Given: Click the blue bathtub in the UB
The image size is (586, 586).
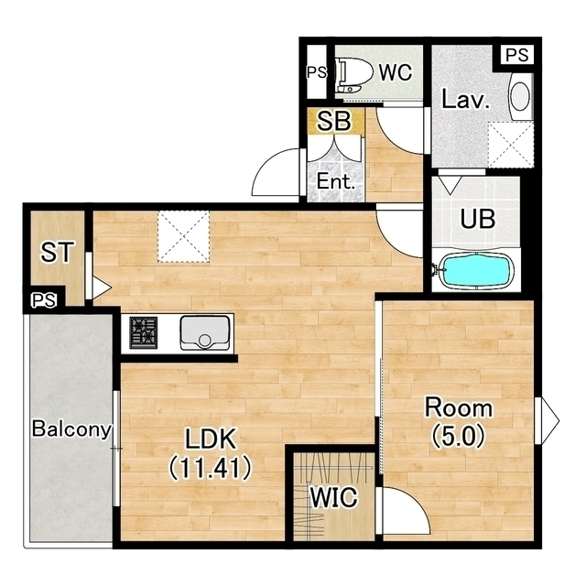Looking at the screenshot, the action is point(475,270).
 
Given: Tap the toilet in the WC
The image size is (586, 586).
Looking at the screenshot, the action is point(354,74).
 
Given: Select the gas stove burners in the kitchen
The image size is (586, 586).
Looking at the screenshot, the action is point(144,332).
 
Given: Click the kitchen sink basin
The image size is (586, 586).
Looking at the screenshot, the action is point(205,333).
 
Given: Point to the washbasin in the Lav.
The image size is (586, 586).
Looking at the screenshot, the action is point(520,96).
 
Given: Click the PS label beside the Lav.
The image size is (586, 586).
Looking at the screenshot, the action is point(517,55).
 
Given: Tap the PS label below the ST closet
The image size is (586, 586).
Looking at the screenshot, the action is point(44,300).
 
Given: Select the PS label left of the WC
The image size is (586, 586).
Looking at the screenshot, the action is point(317,72).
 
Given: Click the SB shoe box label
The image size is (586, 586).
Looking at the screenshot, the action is point(334,121).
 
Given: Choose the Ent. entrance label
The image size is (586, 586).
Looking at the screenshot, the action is point(336,181).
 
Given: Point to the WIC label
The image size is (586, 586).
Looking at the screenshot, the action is point(334,497).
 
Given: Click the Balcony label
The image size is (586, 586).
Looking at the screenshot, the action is point(71,429).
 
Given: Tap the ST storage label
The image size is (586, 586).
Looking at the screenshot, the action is point(57,252).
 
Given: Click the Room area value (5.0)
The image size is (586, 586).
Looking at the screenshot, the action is point(459,436).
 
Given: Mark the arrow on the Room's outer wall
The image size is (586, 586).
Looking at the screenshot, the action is point(550,421).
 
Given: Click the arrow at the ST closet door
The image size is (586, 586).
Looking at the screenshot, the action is point(102,288).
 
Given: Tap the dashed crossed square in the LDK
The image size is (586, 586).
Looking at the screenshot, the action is point(183,236).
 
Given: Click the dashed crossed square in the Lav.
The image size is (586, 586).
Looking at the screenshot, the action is point(511,145).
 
